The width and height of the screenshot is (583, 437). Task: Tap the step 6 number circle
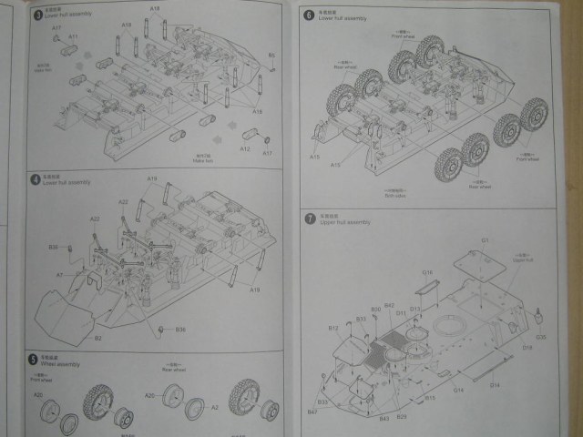pos(310,15)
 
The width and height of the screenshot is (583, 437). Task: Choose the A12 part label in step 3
pos(245,147)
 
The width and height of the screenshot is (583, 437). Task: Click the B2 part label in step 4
pos(97,338)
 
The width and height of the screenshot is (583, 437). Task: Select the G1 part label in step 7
pos(486,239)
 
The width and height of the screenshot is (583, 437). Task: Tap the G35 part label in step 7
pos(541,337)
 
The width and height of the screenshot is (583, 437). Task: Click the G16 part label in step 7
pos(426,272)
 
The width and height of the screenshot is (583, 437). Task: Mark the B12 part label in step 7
pos(333,328)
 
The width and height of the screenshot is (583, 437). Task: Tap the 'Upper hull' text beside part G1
pos(523,259)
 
